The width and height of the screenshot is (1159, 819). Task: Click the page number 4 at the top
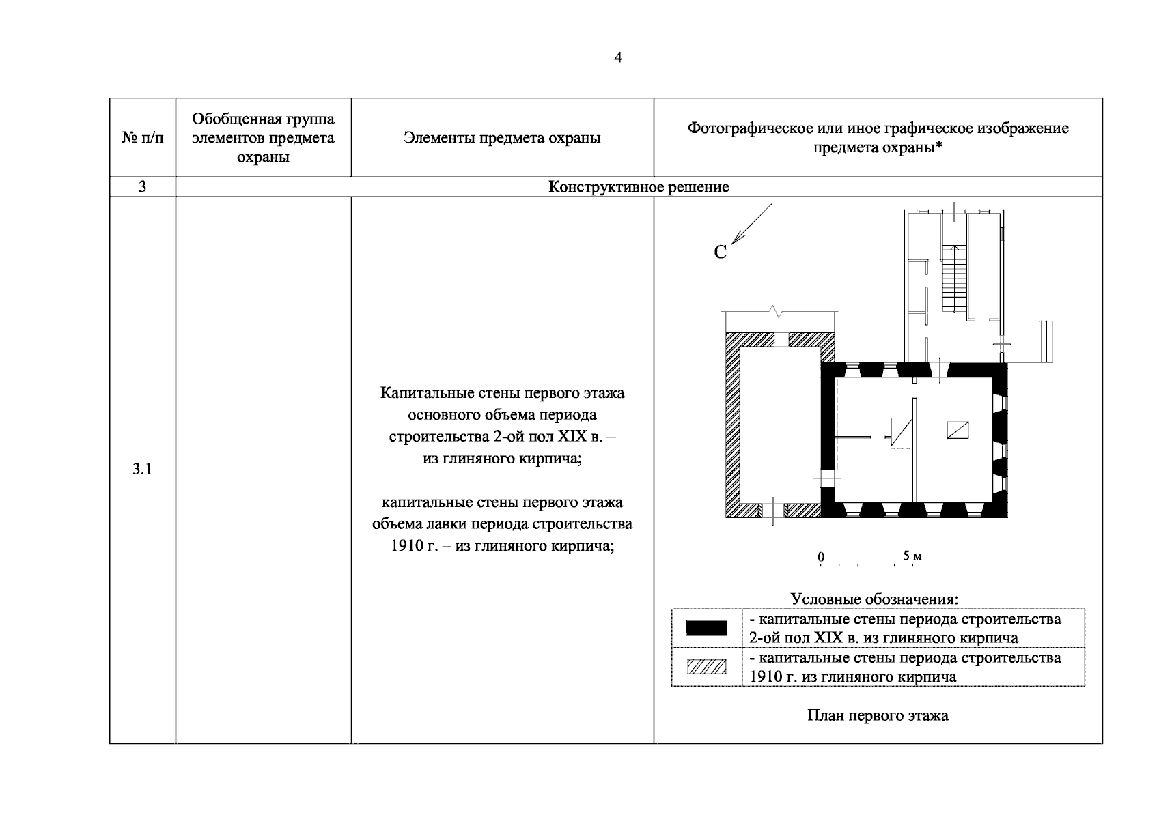coord(618,58)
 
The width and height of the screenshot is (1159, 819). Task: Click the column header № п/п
coord(143,138)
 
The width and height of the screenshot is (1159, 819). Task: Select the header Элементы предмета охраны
coord(502,138)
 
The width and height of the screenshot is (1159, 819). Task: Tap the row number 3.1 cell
coord(142,469)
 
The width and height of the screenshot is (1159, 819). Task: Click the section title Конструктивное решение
coord(639,187)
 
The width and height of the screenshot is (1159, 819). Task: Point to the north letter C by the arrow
coord(721,253)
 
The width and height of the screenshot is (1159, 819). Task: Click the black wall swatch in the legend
coord(706,629)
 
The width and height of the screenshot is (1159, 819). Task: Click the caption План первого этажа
coord(878,716)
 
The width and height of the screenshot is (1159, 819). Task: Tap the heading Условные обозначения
coord(874,599)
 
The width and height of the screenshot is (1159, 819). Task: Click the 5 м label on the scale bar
coord(912,556)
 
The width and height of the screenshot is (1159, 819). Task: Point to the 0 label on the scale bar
coord(821,557)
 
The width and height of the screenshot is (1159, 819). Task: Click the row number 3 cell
coord(142,187)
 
